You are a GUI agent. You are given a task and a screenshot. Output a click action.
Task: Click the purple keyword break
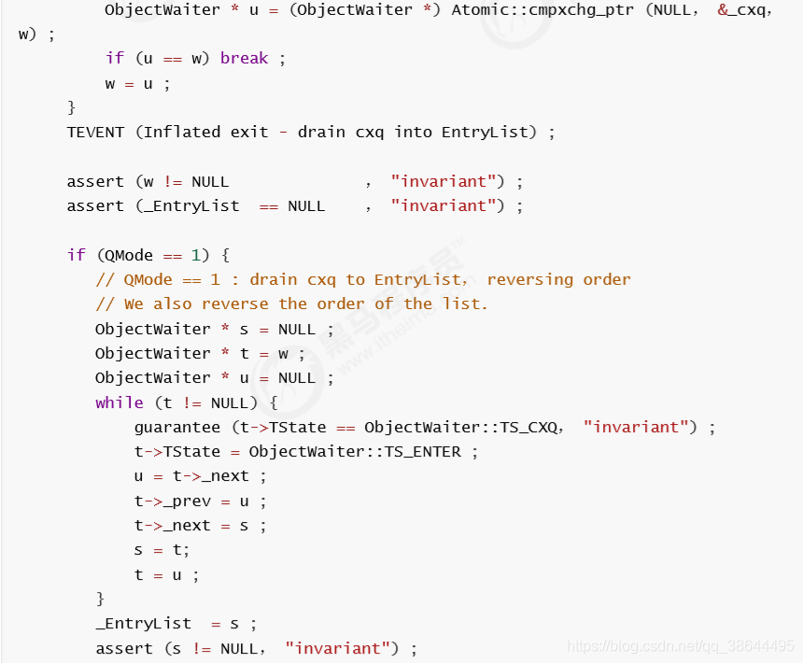coord(244,59)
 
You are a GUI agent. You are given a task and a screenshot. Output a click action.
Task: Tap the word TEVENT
coord(95,133)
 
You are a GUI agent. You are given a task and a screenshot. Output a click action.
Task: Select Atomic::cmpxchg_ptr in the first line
coord(542,10)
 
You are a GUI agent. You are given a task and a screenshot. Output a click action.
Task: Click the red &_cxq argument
coord(742,10)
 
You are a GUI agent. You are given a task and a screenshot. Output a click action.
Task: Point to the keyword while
coord(120,402)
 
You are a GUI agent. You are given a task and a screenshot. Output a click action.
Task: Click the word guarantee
coord(177,428)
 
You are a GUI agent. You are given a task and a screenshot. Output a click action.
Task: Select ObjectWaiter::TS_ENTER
coord(355,452)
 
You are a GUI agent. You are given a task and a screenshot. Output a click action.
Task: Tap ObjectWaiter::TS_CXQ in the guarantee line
coord(460,427)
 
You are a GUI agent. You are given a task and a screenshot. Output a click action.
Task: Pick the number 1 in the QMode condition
coord(196,255)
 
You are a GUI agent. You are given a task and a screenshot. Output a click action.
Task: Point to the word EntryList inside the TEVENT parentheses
coord(485,133)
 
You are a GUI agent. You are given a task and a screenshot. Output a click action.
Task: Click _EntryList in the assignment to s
coord(144,624)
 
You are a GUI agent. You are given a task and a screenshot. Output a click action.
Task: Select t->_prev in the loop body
coord(173,501)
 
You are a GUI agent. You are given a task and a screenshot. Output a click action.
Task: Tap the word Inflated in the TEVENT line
coord(182,133)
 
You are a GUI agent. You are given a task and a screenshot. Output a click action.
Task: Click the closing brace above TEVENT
coord(71,107)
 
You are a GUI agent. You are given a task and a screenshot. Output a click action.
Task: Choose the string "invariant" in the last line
coord(338,649)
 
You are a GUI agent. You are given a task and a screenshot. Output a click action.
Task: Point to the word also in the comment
coord(173,304)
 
